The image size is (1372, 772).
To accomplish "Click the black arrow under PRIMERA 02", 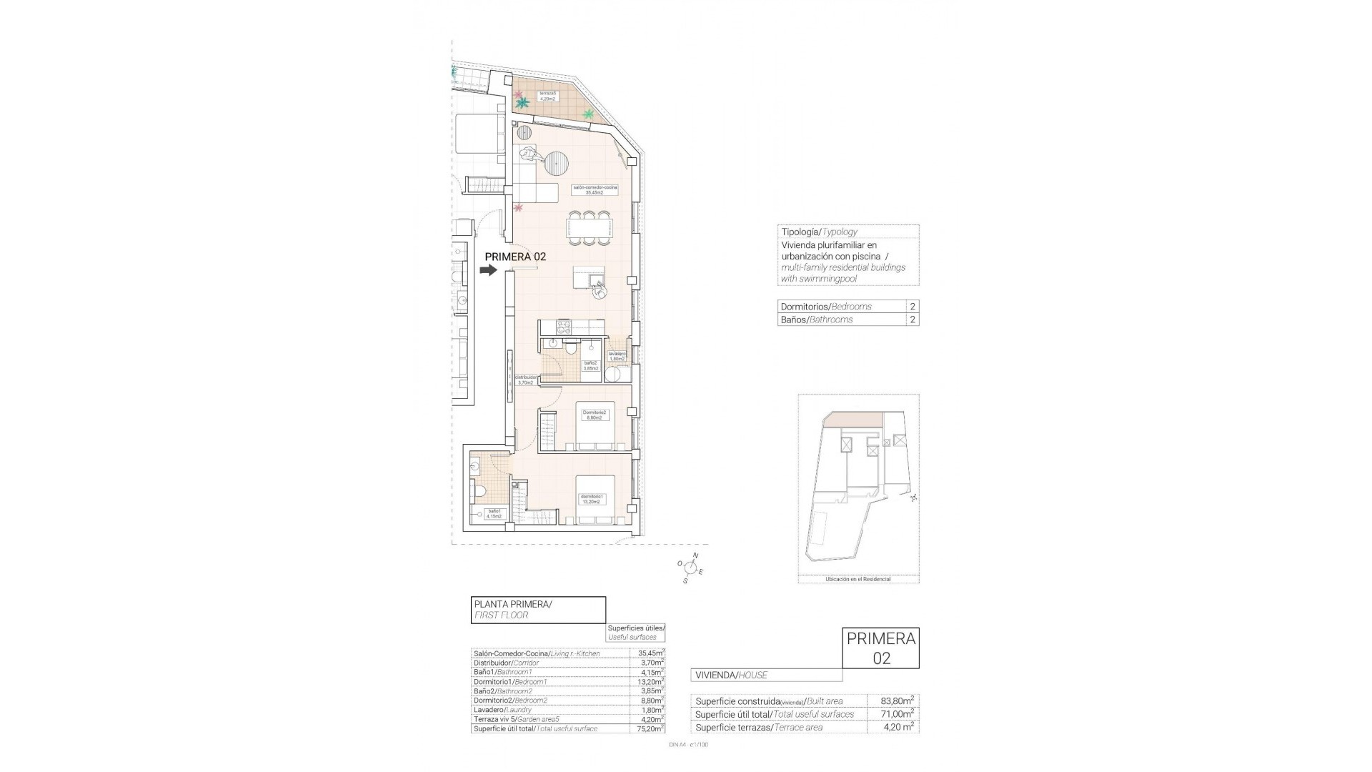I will (x=488, y=270).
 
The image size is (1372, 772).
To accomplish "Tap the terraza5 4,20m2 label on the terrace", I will (x=548, y=96).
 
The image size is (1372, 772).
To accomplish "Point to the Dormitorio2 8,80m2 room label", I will (x=595, y=415).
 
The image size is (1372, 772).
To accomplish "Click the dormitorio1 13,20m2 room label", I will (x=592, y=499).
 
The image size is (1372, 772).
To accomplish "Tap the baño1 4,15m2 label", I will (x=494, y=513).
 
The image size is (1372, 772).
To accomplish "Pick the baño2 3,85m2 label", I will (x=591, y=365).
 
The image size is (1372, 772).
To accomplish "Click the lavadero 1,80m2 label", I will (x=617, y=357).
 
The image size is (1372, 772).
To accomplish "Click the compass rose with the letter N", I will (x=690, y=568).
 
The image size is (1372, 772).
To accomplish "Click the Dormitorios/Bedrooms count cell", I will (x=912, y=306).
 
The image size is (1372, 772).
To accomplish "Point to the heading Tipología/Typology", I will (x=819, y=232).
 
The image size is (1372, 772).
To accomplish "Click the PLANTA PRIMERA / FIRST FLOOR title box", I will (x=537, y=610).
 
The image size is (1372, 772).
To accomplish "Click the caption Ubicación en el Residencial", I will (x=858, y=579).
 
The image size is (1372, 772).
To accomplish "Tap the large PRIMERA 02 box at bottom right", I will (x=881, y=648).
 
